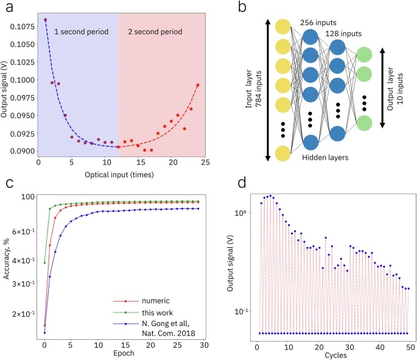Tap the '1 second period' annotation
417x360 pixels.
point(81,30)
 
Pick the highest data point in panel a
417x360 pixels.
point(45,20)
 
